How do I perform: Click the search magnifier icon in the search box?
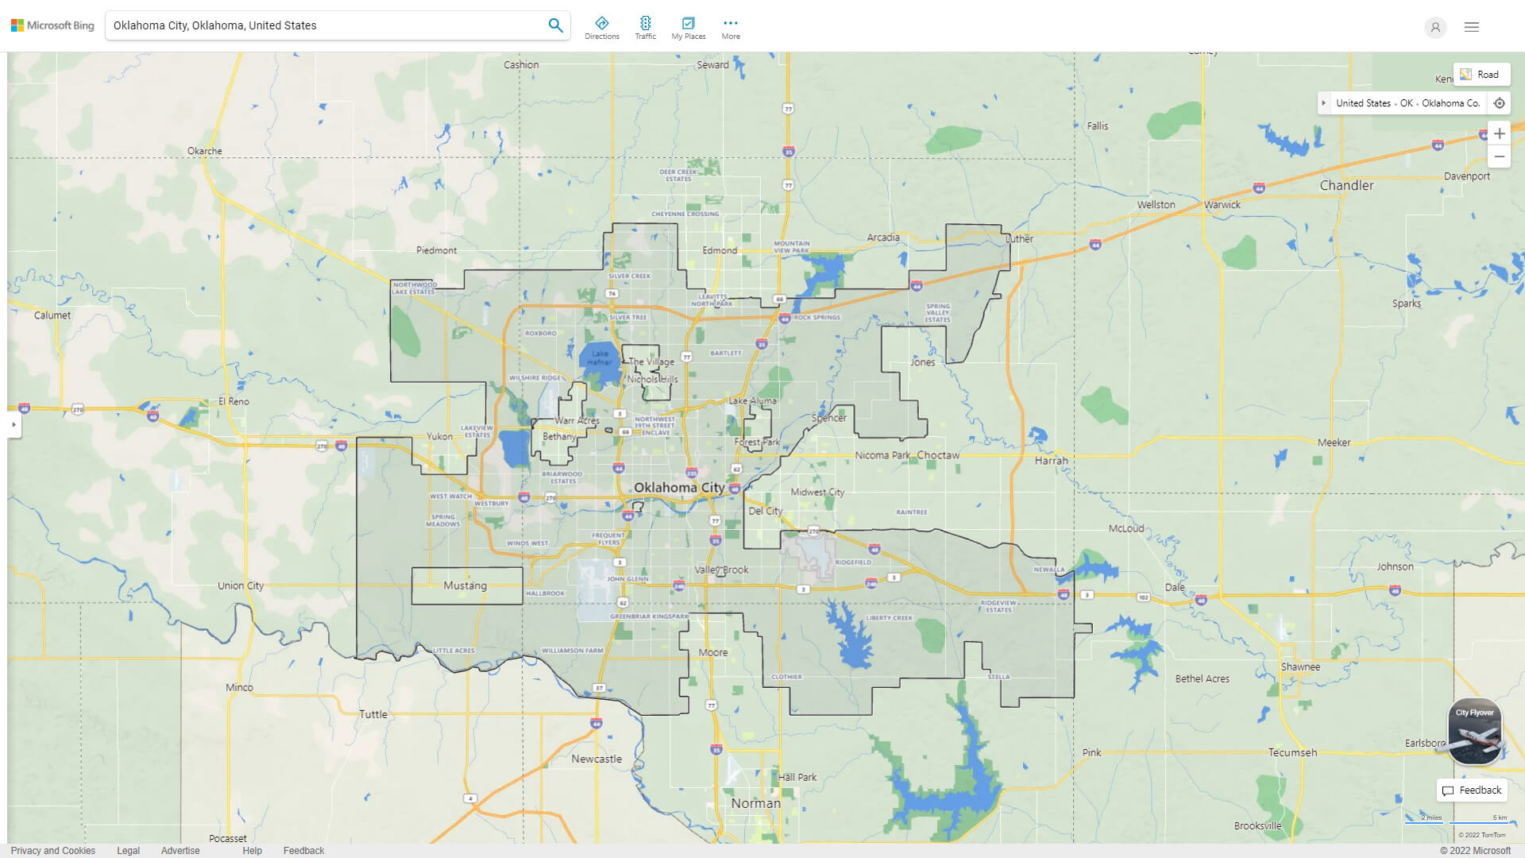pos(555,25)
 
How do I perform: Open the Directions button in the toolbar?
pos(602,27)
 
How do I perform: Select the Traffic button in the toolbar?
pos(646,27)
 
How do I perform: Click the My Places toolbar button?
pos(688,27)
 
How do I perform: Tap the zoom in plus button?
pos(1499,133)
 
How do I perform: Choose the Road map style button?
pos(1481,75)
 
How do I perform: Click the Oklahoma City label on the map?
pos(678,487)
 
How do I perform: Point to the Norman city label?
pos(755,803)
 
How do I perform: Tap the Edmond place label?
pos(720,250)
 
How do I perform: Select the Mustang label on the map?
pos(465,586)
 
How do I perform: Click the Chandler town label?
pos(1346,185)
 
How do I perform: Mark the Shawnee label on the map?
pos(1300,667)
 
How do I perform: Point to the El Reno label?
pos(234,401)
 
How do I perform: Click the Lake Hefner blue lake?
pos(599,359)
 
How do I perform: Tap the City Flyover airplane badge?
pos(1475,732)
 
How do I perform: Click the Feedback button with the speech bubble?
pos(1472,790)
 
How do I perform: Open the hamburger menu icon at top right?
pos(1472,27)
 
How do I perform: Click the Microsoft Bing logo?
pos(52,25)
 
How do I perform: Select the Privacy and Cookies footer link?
pos(53,850)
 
